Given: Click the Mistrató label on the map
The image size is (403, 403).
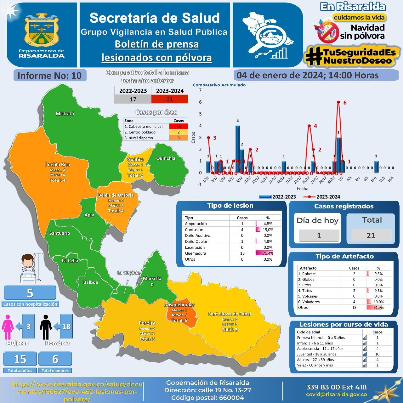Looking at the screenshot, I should point(65,114).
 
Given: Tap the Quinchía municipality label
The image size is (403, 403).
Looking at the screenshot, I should point(166,158).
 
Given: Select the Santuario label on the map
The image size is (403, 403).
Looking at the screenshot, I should point(60,233).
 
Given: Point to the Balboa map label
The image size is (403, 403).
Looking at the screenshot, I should point(91,282).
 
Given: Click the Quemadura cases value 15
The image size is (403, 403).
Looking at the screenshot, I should point(242,253).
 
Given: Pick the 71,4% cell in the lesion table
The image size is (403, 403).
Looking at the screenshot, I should point(268,253).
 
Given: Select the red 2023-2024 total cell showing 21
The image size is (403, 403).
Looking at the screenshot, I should point(170,99).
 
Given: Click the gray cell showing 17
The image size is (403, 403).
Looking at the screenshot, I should point(133,99).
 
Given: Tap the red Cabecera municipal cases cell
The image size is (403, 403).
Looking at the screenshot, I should point(179,126).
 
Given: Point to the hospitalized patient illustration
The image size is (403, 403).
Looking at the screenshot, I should point(29,269).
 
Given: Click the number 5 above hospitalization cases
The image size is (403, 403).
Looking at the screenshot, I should point(30,293).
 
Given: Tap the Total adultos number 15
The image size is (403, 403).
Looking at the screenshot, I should point(20,359).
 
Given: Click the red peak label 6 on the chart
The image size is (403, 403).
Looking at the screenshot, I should point(345,103).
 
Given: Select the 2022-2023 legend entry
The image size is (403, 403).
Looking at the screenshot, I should point(278,197).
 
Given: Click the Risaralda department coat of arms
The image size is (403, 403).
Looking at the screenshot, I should point(41,30).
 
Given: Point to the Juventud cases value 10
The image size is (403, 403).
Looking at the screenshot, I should point(377,354).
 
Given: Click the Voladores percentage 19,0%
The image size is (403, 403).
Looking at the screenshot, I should point(378,302).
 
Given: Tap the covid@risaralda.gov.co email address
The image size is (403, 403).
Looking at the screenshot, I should point(336,394).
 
